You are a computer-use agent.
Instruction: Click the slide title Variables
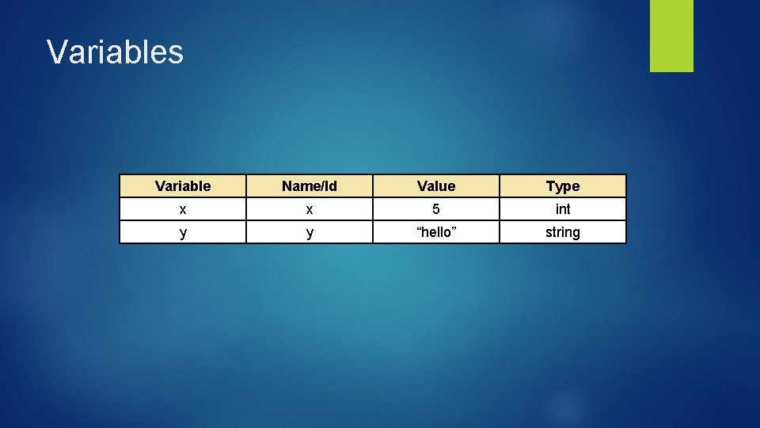coord(115,52)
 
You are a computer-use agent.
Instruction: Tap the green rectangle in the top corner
coord(671,36)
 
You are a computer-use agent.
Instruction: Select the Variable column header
coord(183,186)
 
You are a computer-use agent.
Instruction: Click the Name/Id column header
coord(310,186)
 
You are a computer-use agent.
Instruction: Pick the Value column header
coord(436,186)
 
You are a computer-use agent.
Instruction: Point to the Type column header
coord(563,186)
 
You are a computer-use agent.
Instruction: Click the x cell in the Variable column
coord(183,209)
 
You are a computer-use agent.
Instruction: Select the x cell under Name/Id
coord(310,209)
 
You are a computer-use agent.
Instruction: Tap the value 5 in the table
coord(436,209)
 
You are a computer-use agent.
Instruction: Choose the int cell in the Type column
coord(563,209)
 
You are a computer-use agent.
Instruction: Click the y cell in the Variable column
coord(183,232)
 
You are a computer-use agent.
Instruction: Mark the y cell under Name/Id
coord(310,232)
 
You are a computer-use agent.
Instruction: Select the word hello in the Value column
coord(436,232)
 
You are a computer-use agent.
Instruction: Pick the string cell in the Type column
coord(563,232)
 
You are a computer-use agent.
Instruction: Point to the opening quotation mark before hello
coord(419,229)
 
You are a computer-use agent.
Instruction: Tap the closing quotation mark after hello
coord(454,229)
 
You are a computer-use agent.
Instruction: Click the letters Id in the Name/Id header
coord(331,186)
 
